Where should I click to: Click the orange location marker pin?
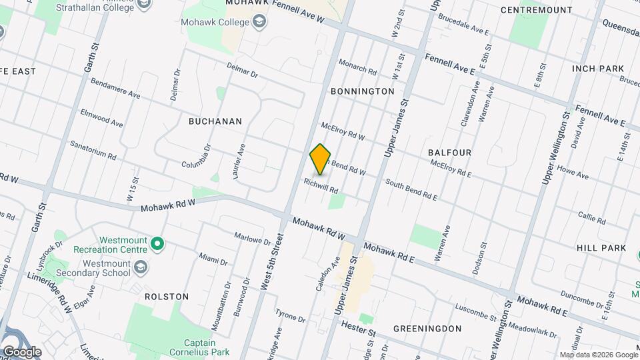[321, 159]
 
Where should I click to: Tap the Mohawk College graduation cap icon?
[258, 23]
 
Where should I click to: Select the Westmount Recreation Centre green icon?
[157, 245]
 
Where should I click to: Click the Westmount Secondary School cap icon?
[141, 267]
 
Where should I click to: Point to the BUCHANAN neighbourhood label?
[215, 121]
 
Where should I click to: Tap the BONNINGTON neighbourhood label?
[362, 91]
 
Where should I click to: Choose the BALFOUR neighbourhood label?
[449, 153]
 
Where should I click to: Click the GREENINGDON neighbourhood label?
[427, 329]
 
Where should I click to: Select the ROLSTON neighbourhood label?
[166, 296]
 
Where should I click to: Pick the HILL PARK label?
[601, 247]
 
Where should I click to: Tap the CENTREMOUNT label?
[536, 10]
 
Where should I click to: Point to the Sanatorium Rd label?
[93, 151]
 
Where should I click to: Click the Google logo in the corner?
[21, 351]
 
